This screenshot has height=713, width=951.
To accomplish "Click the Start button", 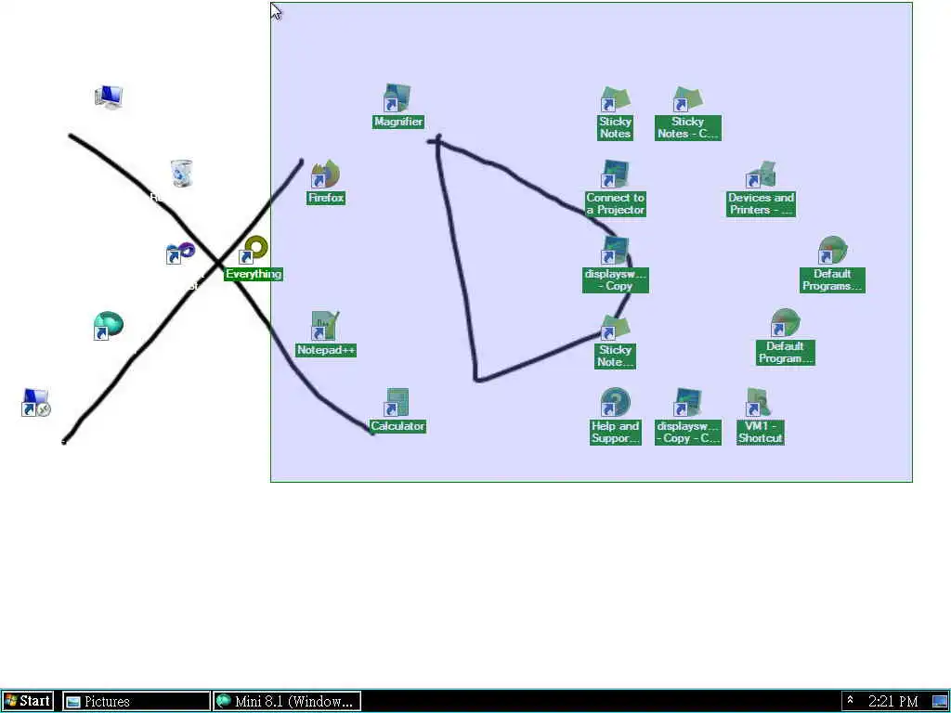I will click(x=28, y=701).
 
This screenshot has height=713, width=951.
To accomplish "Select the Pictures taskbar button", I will click(x=136, y=701).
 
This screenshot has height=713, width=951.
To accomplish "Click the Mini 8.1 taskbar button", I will click(x=286, y=701).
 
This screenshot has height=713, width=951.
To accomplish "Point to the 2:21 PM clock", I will click(x=892, y=701).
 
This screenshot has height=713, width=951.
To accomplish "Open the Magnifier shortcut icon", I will click(x=397, y=99).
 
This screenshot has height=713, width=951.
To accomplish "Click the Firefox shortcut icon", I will click(x=325, y=175).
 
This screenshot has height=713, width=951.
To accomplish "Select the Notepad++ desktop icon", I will click(x=324, y=327).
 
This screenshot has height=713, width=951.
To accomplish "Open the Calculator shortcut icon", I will click(x=397, y=404).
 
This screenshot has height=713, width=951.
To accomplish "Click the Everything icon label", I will click(x=254, y=274).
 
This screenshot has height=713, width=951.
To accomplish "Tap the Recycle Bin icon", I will click(x=181, y=174).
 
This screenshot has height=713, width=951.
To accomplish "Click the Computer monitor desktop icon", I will click(x=109, y=97).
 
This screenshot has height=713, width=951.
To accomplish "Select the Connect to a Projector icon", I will click(x=614, y=175).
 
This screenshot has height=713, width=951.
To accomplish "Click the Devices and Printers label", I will click(x=761, y=203).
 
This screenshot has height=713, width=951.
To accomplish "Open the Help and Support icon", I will click(x=614, y=404).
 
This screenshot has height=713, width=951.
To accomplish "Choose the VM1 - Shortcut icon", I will click(x=759, y=404).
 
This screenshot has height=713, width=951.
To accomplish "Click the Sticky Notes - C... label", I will click(x=687, y=127).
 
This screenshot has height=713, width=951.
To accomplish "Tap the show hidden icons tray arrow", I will click(x=850, y=701).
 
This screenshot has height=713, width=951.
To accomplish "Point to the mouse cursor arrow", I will click(x=275, y=10).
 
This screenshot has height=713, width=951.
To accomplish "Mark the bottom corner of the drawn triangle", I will click(x=476, y=379).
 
